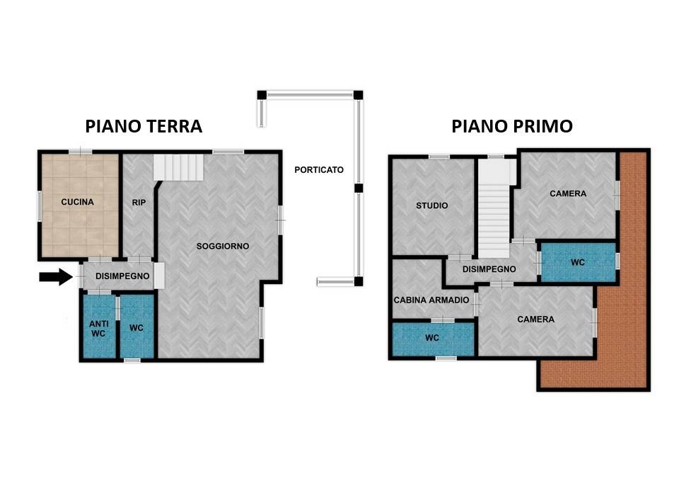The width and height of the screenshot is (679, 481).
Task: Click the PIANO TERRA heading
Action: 144,126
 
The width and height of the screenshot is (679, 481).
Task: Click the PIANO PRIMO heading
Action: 512,126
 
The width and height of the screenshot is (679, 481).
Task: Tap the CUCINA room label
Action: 77,202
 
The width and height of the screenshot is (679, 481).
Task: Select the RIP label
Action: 139,203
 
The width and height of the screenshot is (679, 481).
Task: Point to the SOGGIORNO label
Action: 222,246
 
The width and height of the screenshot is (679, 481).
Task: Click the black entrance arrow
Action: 55,276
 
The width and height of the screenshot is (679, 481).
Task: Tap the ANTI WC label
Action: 98,329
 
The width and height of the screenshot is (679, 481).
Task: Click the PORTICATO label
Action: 319,170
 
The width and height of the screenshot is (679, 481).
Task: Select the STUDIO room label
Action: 431,205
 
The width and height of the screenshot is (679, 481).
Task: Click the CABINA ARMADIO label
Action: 431,300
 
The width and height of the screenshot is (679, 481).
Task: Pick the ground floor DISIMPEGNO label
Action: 122,276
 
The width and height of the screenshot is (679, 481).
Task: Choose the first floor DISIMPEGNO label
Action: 489,269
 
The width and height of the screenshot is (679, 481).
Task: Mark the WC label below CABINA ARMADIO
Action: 432,338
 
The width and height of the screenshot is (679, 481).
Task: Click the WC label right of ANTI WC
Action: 137,329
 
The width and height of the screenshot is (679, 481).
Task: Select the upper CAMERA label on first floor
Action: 568,193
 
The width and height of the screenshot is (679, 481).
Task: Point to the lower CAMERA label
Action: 535,319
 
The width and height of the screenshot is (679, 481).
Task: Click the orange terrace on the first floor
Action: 622,319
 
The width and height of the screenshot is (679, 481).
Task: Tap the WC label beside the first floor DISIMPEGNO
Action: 578,262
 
